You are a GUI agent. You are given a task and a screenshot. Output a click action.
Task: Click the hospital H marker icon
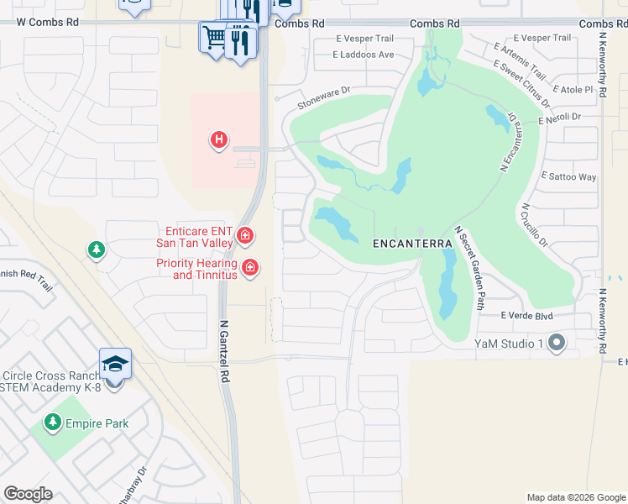click(x=218, y=139)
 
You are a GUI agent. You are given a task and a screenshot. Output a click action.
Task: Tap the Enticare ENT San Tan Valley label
click(x=193, y=237)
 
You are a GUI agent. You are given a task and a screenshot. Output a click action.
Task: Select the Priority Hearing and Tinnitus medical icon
click(x=249, y=268)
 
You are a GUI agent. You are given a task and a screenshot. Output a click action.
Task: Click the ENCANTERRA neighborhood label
click(x=412, y=243)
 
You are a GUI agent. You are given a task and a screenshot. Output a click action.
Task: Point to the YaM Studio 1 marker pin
click(x=555, y=342)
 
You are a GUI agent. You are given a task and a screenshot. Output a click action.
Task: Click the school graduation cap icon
click(x=115, y=364)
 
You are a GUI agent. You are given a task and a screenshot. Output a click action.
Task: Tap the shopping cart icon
click(x=213, y=37)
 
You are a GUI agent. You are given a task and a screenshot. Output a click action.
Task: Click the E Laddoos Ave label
click(x=364, y=55)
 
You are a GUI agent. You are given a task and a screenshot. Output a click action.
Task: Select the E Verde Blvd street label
click(x=526, y=316)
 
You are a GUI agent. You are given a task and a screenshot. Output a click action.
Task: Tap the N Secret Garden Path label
click(x=469, y=268)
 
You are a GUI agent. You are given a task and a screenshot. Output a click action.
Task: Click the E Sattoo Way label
click(x=569, y=177)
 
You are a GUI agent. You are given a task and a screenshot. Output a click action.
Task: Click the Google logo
click(x=28, y=494)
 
